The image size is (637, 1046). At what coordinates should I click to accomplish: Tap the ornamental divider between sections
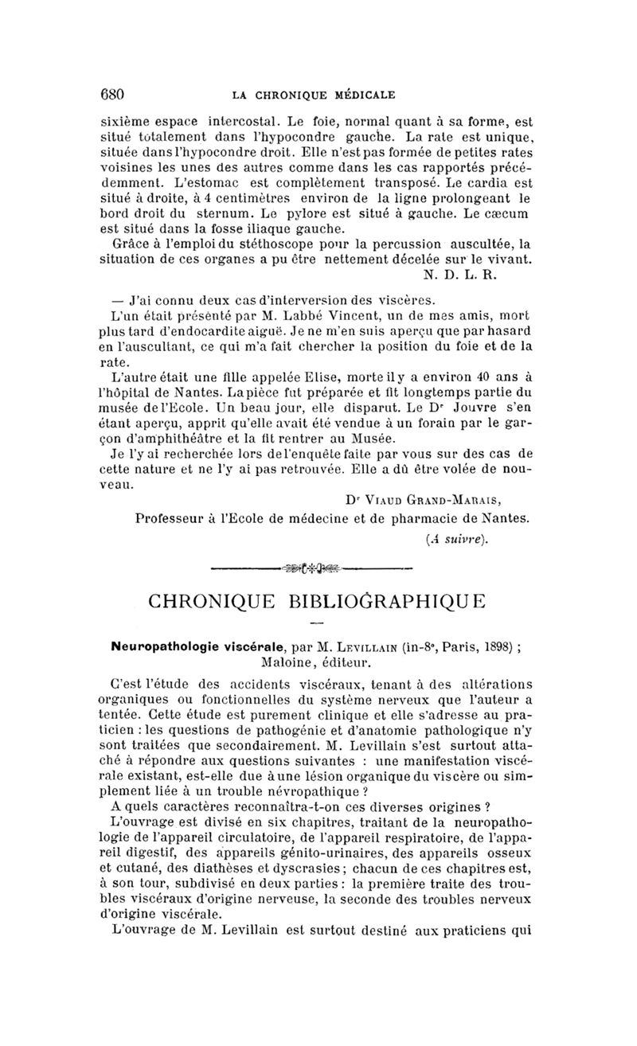318,568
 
